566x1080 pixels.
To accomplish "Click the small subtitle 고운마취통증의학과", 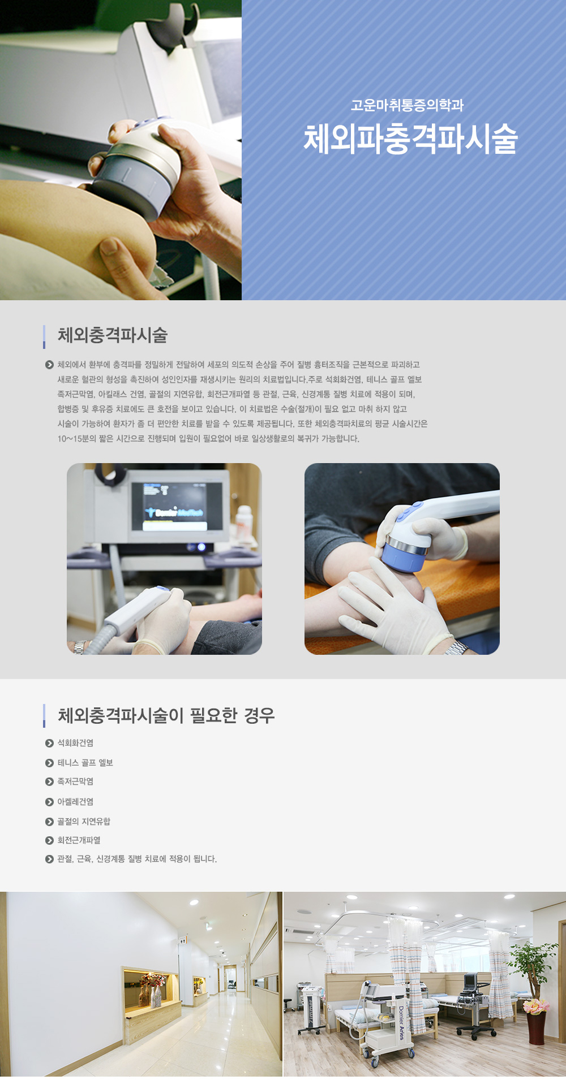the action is point(407,105).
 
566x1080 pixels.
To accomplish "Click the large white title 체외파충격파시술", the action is point(410,139).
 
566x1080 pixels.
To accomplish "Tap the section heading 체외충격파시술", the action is point(113,335).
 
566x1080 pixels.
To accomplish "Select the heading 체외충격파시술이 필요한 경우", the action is point(166,715).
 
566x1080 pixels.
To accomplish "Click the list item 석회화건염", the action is point(75,743).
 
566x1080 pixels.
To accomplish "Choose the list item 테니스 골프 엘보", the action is point(85,763).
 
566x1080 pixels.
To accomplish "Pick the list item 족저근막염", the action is point(75,781).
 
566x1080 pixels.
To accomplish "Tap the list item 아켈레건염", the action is point(75,802).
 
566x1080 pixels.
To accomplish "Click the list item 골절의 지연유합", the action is point(84,822).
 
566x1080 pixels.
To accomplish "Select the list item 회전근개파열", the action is point(79,840).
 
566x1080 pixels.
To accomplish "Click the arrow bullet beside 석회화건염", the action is point(49,743).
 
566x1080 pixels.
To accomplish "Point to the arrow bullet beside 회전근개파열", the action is point(49,840).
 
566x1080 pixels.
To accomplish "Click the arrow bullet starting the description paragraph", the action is point(49,365).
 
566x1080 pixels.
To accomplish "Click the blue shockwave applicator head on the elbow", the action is point(404,553).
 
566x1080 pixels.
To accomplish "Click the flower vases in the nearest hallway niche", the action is point(153,990).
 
